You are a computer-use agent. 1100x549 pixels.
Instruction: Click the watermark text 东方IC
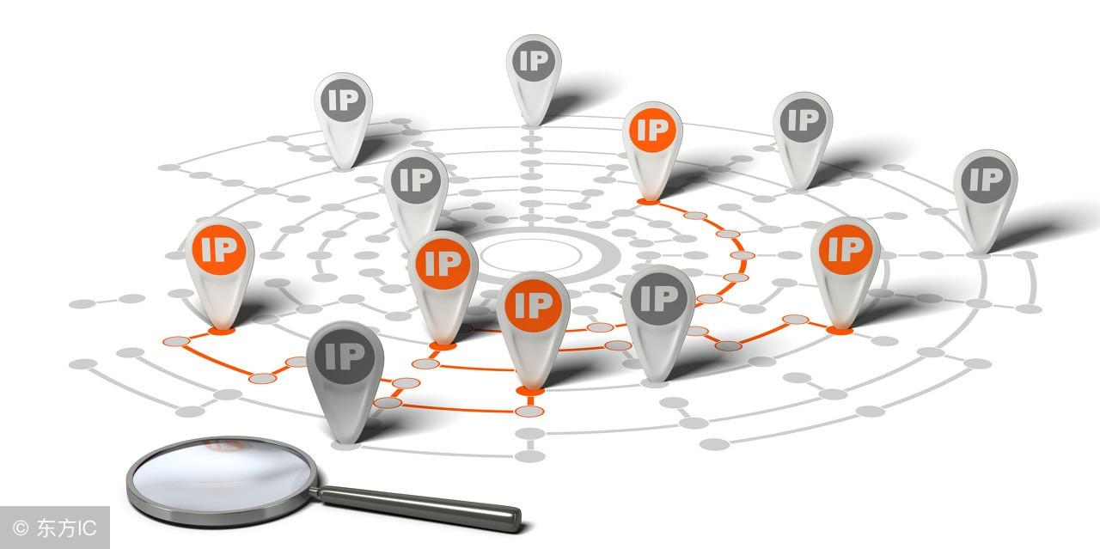click(x=66, y=528)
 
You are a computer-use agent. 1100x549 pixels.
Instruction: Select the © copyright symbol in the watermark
click(x=21, y=528)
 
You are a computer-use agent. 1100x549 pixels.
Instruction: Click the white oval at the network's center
click(x=531, y=255)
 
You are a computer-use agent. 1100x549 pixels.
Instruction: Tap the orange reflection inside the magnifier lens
click(x=224, y=446)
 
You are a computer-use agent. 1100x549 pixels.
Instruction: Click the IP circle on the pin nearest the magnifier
click(x=345, y=357)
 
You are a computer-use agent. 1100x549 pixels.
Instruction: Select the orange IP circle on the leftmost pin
click(x=219, y=249)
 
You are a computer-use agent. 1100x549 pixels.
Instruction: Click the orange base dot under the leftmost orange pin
click(x=222, y=331)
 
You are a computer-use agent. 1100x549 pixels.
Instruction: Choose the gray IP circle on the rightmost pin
click(x=986, y=179)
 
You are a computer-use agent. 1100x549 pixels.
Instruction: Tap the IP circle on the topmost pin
click(x=534, y=61)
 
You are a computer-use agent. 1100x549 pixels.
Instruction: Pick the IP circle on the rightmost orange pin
click(x=846, y=248)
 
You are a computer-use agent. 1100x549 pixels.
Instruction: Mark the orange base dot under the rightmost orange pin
click(x=840, y=331)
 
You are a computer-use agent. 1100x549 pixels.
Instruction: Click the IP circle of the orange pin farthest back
click(x=652, y=130)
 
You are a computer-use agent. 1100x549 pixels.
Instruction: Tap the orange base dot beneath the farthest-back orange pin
click(x=649, y=201)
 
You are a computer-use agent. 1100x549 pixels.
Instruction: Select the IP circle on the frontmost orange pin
click(x=534, y=305)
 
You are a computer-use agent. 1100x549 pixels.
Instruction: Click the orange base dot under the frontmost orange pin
click(x=530, y=391)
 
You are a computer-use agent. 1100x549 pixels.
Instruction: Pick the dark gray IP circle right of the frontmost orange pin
click(x=658, y=297)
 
